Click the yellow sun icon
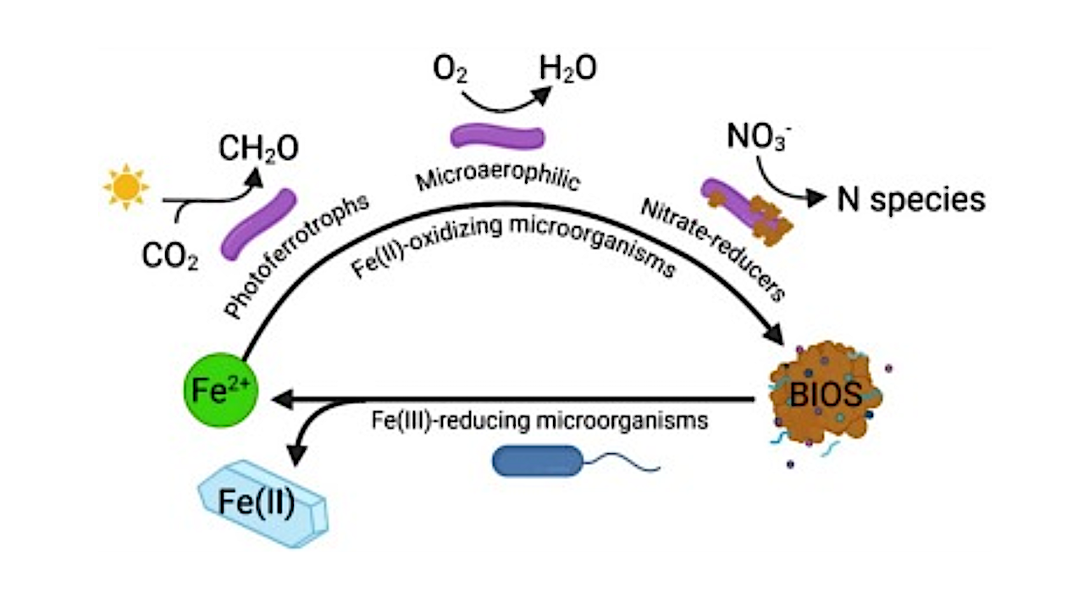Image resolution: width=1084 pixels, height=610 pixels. click(125, 187)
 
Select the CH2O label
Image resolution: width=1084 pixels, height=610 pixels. click(258, 148)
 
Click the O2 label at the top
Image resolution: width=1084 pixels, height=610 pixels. click(451, 70)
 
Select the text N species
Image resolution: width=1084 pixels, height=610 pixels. click(910, 199)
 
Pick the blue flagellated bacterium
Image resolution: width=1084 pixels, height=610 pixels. click(539, 461)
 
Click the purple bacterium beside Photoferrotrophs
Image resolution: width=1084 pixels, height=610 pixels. click(258, 224)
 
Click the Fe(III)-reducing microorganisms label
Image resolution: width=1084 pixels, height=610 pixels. click(539, 419)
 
